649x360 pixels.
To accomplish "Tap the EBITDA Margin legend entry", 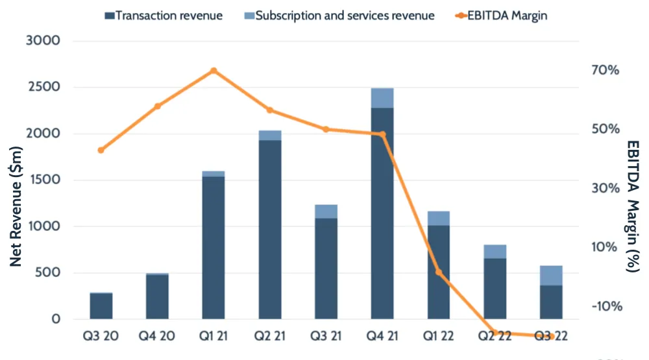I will coord(506,16).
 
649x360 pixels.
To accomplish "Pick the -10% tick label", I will coord(605,306).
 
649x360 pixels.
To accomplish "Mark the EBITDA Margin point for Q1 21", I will coord(214,71).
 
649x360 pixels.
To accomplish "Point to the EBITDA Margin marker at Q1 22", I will coord(439,272).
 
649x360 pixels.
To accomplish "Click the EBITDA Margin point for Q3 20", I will coord(101,150).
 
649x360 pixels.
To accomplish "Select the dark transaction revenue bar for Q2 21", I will coord(270,230).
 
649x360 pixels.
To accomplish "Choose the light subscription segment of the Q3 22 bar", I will coord(552,275).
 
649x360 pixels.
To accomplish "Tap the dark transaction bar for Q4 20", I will coord(157,297).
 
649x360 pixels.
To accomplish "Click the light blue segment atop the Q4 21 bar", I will coord(382,98).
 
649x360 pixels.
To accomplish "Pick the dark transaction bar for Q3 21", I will coord(326,269).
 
